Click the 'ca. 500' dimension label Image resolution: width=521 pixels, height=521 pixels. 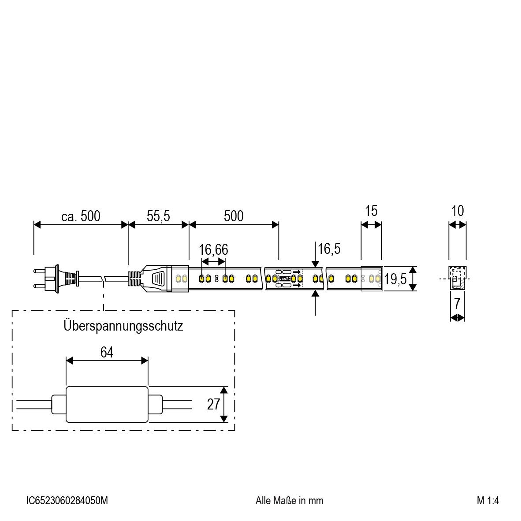click(x=81, y=216)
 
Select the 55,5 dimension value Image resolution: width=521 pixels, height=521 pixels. click(x=158, y=216)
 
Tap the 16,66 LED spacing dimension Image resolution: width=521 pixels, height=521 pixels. click(x=213, y=250)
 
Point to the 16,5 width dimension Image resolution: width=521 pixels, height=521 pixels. click(x=329, y=249)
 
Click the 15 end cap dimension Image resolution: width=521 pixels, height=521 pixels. click(x=371, y=211)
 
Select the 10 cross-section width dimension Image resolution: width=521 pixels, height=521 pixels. click(x=458, y=211)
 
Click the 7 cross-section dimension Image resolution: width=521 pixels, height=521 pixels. click(x=458, y=303)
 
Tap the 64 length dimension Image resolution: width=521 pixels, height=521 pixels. click(x=107, y=353)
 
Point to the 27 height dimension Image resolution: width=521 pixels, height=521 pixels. click(x=213, y=404)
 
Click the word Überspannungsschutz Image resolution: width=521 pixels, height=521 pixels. click(x=123, y=326)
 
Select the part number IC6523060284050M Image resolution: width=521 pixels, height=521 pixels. click(x=67, y=501)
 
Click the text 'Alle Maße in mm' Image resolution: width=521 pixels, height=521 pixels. click(x=289, y=501)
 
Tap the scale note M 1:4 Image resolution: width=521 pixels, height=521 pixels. click(x=488, y=501)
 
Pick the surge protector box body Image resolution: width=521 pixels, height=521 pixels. click(x=107, y=404)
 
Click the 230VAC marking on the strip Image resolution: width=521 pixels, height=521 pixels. click(x=284, y=279)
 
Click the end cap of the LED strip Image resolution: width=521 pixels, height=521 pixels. click(x=372, y=279)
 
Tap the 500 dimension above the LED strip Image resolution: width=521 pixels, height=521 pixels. click(x=233, y=216)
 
